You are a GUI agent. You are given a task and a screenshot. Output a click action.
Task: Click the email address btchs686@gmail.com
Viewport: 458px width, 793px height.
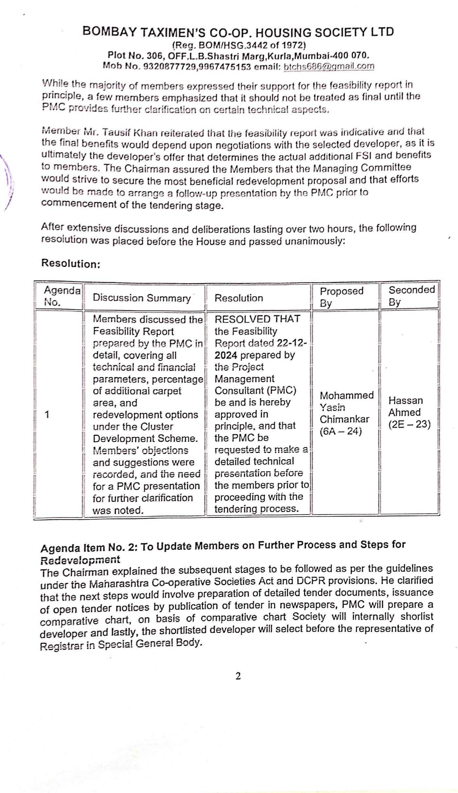pyautogui.click(x=329, y=67)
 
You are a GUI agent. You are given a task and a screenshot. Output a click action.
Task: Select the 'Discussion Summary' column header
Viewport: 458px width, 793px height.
pyautogui.click(x=141, y=298)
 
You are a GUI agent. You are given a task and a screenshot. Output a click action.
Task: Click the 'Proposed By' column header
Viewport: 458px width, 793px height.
pyautogui.click(x=341, y=297)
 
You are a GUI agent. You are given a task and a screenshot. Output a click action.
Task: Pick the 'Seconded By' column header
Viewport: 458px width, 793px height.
pyautogui.click(x=411, y=296)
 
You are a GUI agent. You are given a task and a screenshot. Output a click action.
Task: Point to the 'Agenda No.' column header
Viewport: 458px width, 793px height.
pyautogui.click(x=62, y=296)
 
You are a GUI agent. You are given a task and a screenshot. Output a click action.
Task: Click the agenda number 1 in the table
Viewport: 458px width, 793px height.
pyautogui.click(x=47, y=415)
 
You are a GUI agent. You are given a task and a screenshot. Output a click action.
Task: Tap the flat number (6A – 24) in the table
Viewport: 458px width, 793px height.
pyautogui.click(x=341, y=431)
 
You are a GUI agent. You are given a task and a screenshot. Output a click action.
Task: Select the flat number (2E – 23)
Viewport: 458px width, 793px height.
pyautogui.click(x=409, y=424)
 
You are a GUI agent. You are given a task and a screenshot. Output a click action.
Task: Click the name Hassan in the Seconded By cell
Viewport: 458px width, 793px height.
pyautogui.click(x=405, y=401)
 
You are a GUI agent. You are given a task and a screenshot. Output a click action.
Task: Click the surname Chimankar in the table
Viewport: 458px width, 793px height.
pyautogui.click(x=344, y=419)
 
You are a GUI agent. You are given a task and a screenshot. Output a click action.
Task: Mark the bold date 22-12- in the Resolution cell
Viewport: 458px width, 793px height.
pyautogui.click(x=292, y=343)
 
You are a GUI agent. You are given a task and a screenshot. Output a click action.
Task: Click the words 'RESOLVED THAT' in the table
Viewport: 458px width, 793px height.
pyautogui.click(x=257, y=319)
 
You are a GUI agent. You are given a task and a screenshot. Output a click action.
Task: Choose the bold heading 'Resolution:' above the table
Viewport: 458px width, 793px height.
pyautogui.click(x=71, y=264)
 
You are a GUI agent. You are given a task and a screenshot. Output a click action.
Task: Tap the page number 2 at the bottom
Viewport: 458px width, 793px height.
pyautogui.click(x=238, y=676)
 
